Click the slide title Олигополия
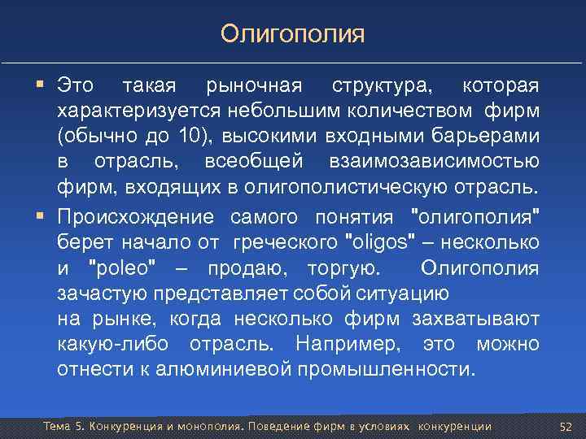293,35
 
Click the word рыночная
253,86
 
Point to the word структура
383,86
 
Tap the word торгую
341,269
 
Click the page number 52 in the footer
566,427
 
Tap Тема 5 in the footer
62,427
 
